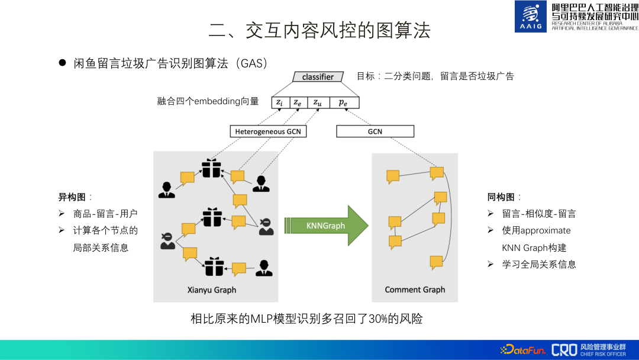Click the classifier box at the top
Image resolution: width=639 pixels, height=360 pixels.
click(x=318, y=77)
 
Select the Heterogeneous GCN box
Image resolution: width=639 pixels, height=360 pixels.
click(x=268, y=131)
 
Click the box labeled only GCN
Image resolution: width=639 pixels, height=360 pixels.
click(x=375, y=131)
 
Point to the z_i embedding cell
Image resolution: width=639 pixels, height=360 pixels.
click(x=279, y=102)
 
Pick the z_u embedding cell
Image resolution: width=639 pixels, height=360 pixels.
click(x=318, y=102)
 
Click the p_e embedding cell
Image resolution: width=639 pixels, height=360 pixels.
click(x=343, y=102)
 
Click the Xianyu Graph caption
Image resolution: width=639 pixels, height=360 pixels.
click(x=211, y=290)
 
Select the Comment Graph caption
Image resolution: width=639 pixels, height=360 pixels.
click(x=415, y=290)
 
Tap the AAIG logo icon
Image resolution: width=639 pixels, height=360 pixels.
click(x=531, y=17)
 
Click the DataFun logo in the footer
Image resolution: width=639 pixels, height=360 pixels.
click(x=523, y=350)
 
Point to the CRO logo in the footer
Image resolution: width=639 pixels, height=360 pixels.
click(x=564, y=350)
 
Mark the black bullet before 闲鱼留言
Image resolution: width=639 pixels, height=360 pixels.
click(x=62, y=63)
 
